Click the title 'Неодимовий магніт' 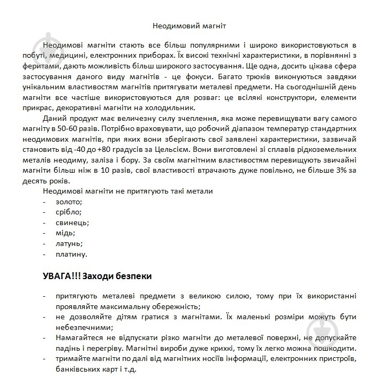(x=186, y=25)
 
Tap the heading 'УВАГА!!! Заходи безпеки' (x=97, y=276)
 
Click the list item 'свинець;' (x=72, y=222)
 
